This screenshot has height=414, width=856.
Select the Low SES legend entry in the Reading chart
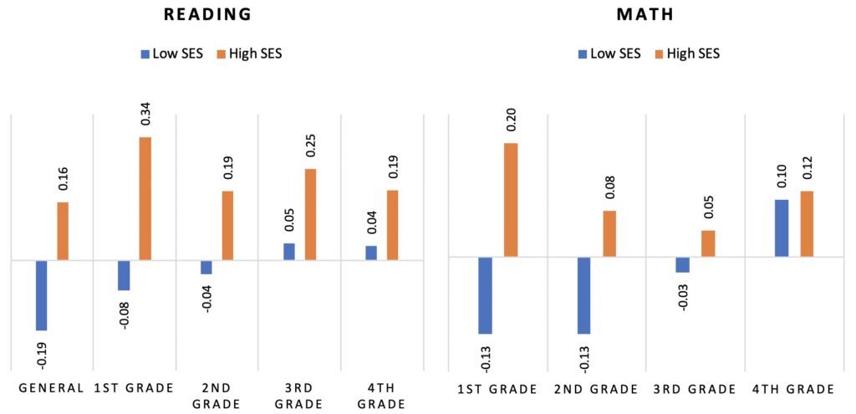(x=171, y=54)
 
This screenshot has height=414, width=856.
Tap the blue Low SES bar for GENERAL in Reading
(x=41, y=295)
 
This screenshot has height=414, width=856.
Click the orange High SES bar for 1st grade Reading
(x=145, y=198)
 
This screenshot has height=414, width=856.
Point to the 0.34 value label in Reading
(x=145, y=115)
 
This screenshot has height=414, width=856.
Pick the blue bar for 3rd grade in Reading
(x=288, y=252)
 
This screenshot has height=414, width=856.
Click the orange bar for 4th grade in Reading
(x=392, y=225)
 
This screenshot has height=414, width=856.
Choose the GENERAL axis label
(x=51, y=388)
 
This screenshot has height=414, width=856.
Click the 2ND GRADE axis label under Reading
(x=216, y=395)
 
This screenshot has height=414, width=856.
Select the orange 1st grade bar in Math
(x=510, y=200)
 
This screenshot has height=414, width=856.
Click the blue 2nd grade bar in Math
(x=583, y=295)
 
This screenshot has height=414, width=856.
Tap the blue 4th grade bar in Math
(x=781, y=227)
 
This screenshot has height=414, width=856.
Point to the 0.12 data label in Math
(x=807, y=171)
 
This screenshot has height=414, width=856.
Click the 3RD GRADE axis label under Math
(x=694, y=389)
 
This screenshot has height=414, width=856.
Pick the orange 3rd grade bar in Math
(x=708, y=243)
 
